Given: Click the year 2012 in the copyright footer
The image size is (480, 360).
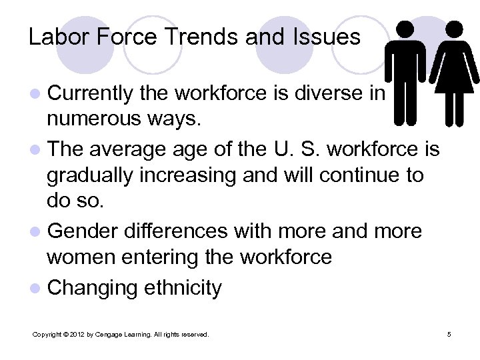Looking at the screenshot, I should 77,333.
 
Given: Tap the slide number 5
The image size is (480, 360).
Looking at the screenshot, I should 449,333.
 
